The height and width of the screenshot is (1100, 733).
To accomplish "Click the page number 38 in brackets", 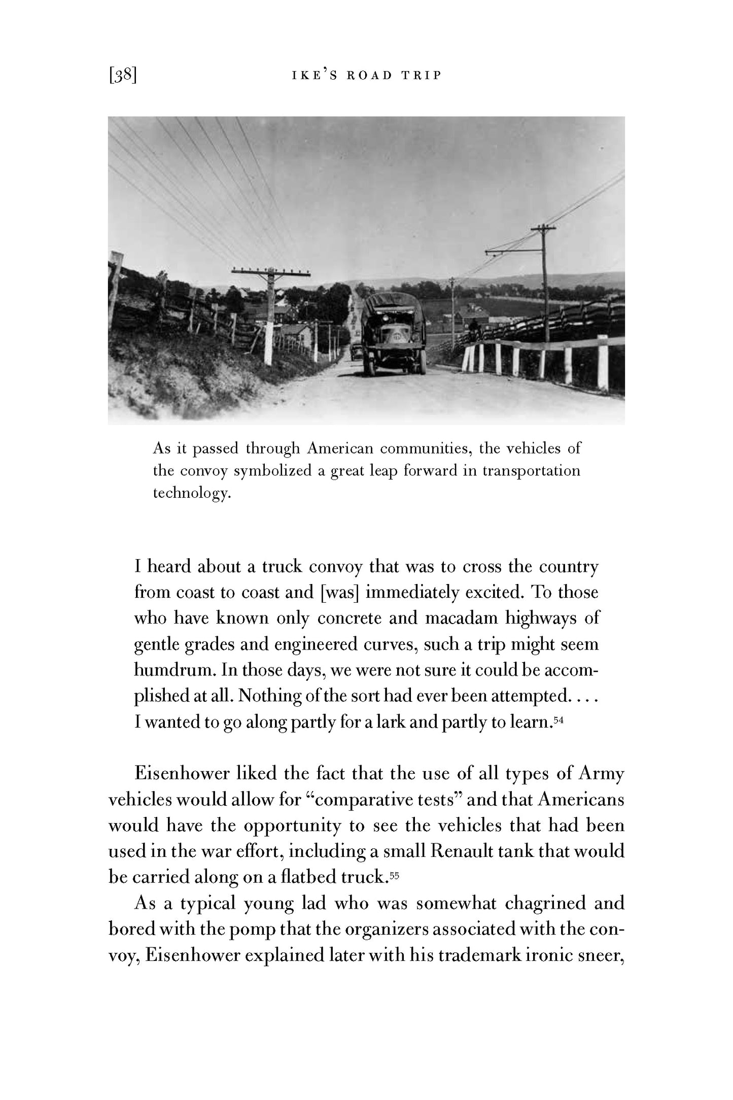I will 122,76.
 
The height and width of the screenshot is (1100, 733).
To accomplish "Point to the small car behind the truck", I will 357,351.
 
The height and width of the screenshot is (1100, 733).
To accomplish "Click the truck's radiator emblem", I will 396,336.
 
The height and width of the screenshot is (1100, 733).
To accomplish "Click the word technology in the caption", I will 192,493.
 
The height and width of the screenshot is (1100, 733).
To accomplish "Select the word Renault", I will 463,851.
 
